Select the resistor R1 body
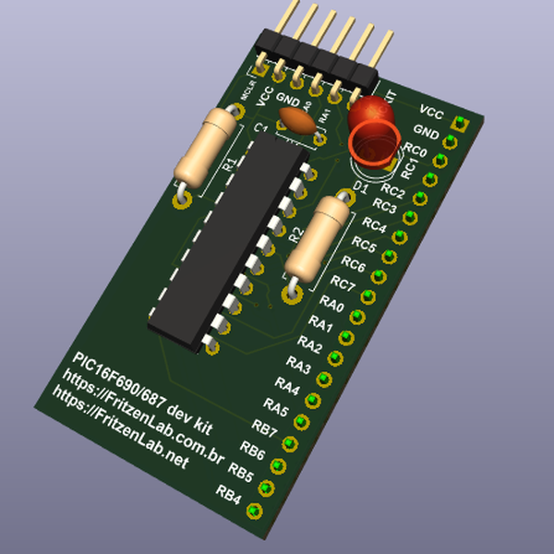point(205,146)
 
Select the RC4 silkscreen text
point(375,224)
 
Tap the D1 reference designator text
point(362,187)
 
